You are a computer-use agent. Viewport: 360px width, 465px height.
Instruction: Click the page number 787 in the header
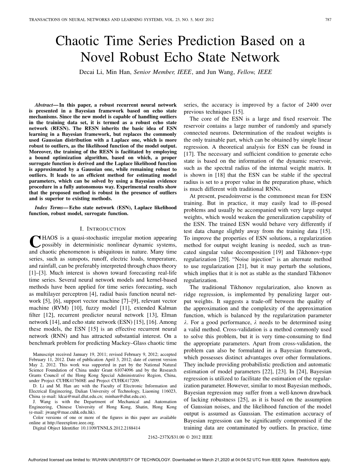tap(328, 20)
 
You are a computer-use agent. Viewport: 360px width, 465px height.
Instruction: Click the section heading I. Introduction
tap(103, 229)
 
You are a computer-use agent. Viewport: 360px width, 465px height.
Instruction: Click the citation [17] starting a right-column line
tap(188, 154)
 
